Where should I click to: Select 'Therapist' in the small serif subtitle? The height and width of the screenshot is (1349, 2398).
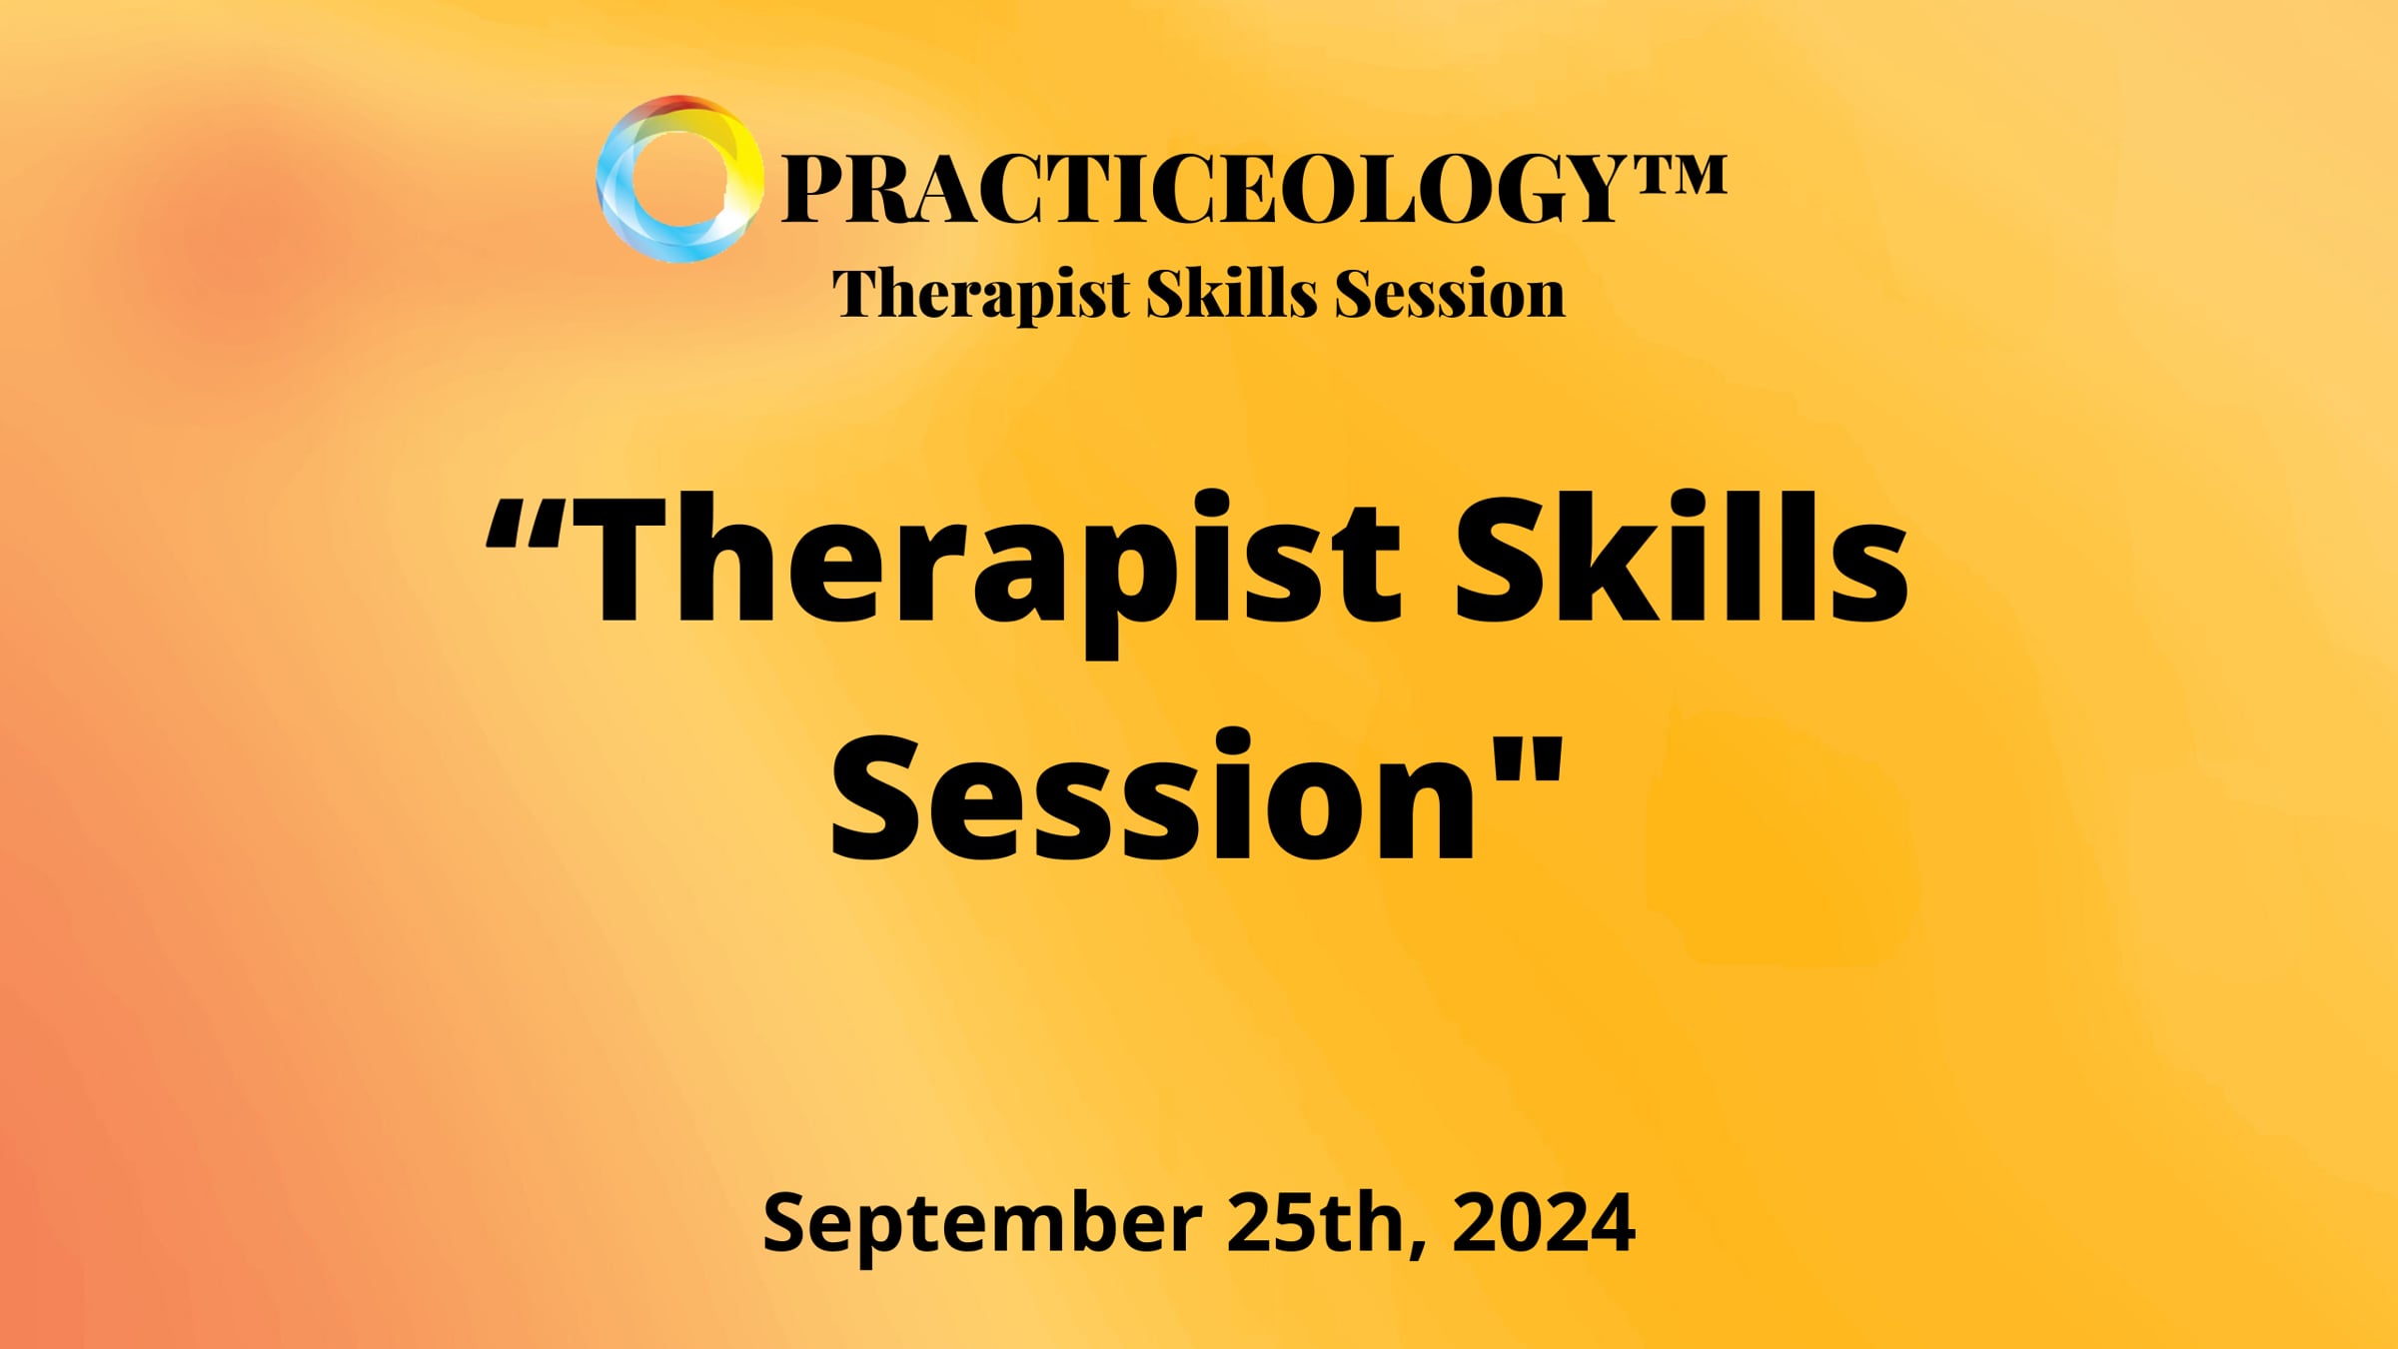(x=980, y=295)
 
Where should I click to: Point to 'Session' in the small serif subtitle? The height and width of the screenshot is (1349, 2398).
(x=1450, y=295)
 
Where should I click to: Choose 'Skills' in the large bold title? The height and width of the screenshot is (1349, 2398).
(x=1679, y=560)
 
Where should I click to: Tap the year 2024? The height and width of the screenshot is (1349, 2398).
(x=1543, y=1221)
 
